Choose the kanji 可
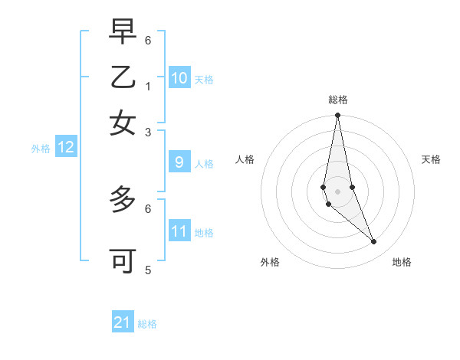point(123,260)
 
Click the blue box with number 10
point(179,78)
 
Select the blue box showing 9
point(179,162)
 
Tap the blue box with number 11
point(179,231)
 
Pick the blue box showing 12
point(66,148)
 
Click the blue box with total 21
point(123,322)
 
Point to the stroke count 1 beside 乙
point(148,85)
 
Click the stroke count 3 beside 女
point(148,132)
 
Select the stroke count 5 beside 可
point(148,270)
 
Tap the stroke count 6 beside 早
point(148,39)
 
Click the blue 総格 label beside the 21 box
point(147,324)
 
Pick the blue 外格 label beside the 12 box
point(41,149)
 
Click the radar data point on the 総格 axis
point(337,116)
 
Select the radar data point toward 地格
point(373,242)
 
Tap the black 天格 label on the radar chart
point(431,159)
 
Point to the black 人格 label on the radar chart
point(245,159)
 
